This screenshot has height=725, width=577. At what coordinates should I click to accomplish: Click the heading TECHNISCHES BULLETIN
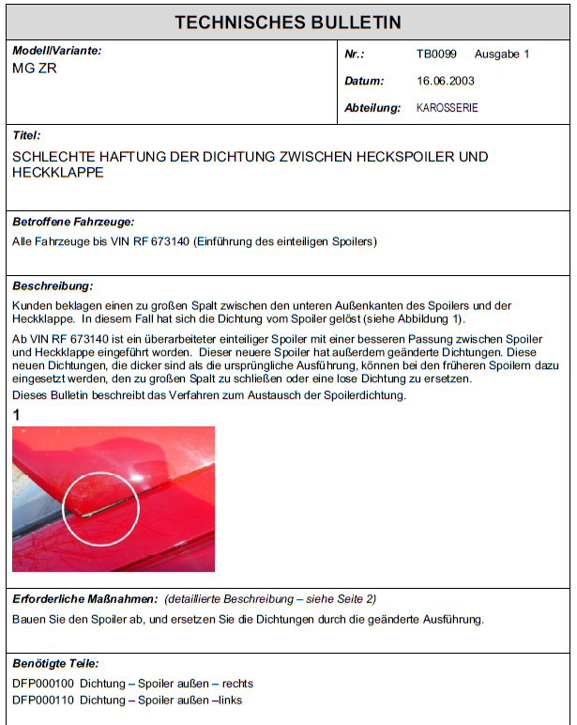tap(288, 23)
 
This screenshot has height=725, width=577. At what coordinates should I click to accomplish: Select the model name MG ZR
tap(35, 69)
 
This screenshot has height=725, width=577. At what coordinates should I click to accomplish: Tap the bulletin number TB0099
tap(436, 54)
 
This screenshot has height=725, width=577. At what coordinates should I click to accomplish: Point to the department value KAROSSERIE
tap(448, 108)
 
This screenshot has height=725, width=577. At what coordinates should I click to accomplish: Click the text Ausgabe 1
tap(502, 54)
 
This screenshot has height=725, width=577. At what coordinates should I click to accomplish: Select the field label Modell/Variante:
tap(57, 50)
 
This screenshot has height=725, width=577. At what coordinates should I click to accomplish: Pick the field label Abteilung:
tap(372, 108)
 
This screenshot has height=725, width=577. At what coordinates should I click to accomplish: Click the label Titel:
tap(26, 135)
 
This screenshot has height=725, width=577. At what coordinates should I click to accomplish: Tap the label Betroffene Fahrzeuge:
tap(73, 223)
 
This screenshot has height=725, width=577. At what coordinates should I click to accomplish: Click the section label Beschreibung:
tap(53, 285)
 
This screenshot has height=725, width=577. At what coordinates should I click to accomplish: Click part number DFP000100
tap(43, 684)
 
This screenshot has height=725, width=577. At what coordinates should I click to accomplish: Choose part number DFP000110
tap(43, 700)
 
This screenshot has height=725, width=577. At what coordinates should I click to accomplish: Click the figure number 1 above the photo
tap(17, 415)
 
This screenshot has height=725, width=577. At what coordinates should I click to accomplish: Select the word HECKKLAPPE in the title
tap(58, 173)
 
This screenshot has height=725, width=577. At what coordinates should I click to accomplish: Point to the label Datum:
tap(365, 82)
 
